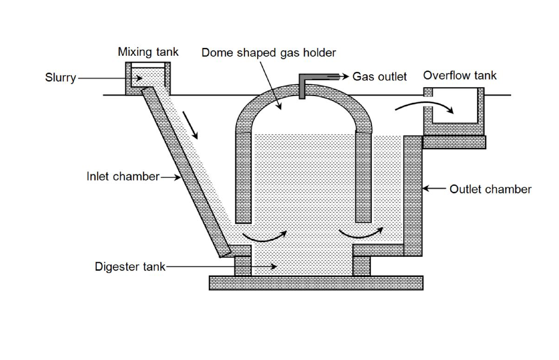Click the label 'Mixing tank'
click(148, 52)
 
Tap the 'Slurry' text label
click(60, 78)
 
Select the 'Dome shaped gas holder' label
click(269, 53)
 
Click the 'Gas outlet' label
click(379, 77)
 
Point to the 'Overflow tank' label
click(459, 76)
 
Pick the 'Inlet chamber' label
click(123, 177)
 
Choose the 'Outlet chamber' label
click(490, 189)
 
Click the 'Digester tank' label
click(130, 266)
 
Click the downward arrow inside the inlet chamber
click(192, 124)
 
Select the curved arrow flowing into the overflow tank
click(424, 107)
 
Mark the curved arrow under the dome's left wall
click(265, 236)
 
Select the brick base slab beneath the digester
click(316, 283)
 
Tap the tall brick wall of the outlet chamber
click(413, 194)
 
